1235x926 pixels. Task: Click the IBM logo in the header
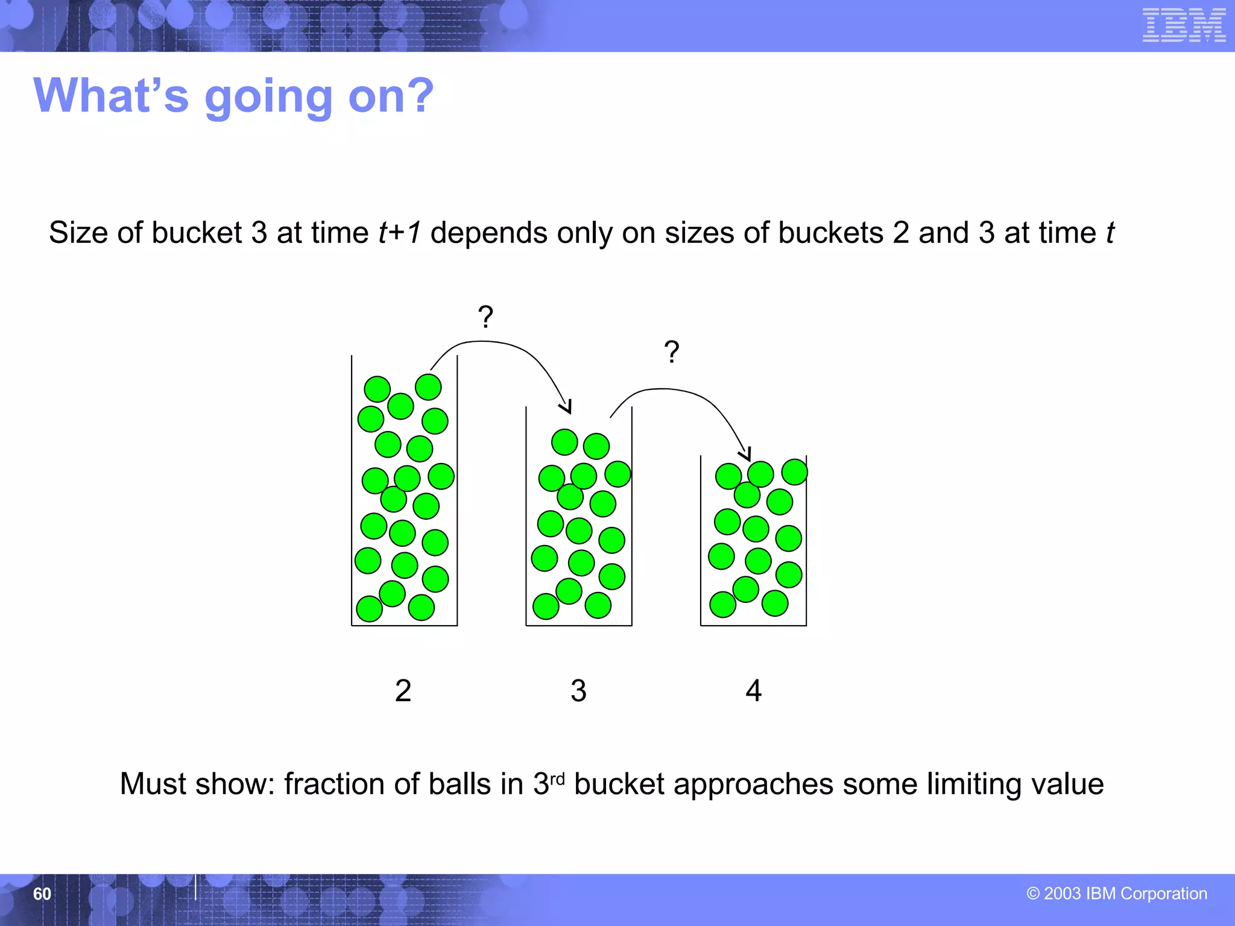coord(1184,25)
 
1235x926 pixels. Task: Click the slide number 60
coord(42,893)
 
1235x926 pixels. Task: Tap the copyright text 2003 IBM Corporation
coord(1117,893)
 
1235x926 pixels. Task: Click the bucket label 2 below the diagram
coord(403,691)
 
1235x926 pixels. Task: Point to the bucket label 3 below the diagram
coord(578,691)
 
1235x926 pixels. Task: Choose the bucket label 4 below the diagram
coord(753,691)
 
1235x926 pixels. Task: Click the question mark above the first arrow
coord(485,317)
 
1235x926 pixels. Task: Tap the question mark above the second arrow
coord(671,351)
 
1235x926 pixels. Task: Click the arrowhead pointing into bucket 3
coord(566,408)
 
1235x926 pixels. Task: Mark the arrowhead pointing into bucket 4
coord(746,455)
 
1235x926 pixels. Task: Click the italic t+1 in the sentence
coord(400,233)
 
